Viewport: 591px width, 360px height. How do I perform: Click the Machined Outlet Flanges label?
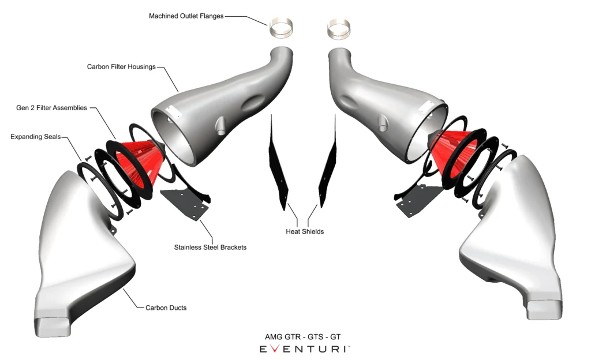click(186, 16)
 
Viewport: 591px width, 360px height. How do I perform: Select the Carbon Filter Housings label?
click(121, 67)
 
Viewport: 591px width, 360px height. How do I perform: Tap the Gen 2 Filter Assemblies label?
click(51, 108)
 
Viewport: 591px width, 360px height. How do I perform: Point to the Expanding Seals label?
click(35, 137)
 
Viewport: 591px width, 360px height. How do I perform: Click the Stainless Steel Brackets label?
click(210, 247)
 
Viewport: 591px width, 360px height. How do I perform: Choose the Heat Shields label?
click(305, 231)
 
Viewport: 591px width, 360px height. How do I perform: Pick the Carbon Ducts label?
click(166, 307)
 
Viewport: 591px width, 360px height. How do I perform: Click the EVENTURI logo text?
click(304, 349)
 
